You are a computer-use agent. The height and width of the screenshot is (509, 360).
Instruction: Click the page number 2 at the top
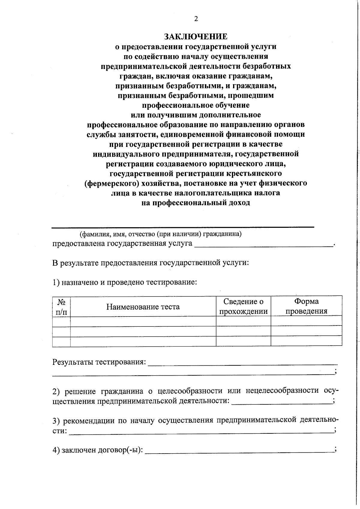coord(196,19)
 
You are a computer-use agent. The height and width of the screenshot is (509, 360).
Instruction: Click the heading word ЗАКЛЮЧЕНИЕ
coord(196,37)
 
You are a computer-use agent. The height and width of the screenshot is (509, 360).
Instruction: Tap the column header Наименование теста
coord(143,307)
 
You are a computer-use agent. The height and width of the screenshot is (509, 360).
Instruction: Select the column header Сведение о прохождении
coord(243,306)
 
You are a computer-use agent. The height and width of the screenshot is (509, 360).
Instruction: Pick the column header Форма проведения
coord(306,306)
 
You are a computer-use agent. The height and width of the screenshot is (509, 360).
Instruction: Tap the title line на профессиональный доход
coord(196,203)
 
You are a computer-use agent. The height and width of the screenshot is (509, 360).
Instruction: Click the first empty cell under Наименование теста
coord(143,321)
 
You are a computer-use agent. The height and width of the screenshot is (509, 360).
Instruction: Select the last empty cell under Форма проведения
coord(306,341)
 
